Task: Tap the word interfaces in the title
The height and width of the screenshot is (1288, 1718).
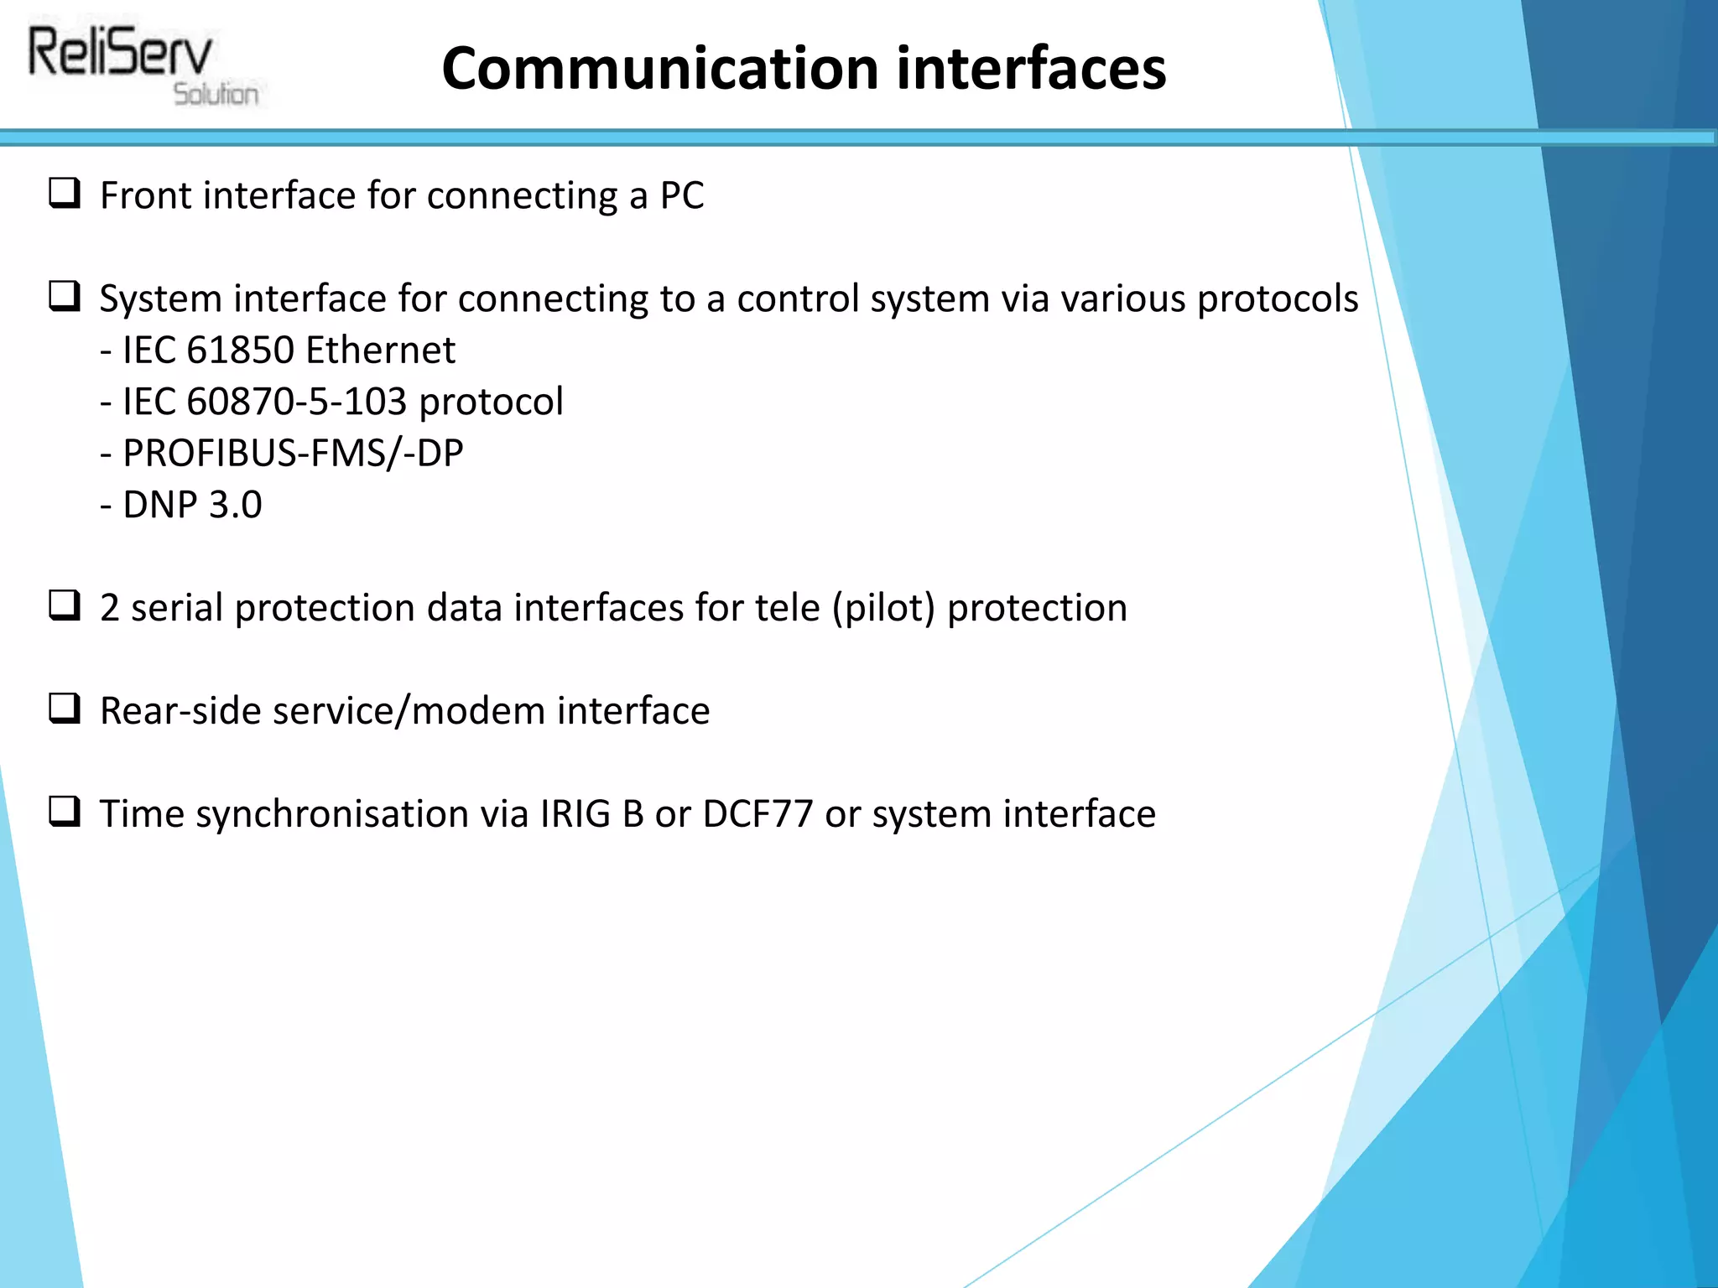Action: (x=1031, y=69)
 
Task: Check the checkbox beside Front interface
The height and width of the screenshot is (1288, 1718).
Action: (x=65, y=194)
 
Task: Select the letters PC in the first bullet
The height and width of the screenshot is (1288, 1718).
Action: (x=681, y=196)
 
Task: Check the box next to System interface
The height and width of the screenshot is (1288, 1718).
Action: (x=65, y=297)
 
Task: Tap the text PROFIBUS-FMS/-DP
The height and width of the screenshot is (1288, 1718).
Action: (x=293, y=454)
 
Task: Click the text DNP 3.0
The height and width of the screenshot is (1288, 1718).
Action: (x=192, y=505)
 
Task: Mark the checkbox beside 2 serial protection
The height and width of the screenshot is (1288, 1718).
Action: (x=65, y=605)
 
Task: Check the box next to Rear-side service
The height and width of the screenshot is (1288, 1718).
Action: (x=65, y=709)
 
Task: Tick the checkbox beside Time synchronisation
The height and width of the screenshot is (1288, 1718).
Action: (x=65, y=812)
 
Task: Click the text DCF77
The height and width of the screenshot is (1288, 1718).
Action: (x=757, y=814)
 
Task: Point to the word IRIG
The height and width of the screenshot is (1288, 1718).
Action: (x=575, y=814)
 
